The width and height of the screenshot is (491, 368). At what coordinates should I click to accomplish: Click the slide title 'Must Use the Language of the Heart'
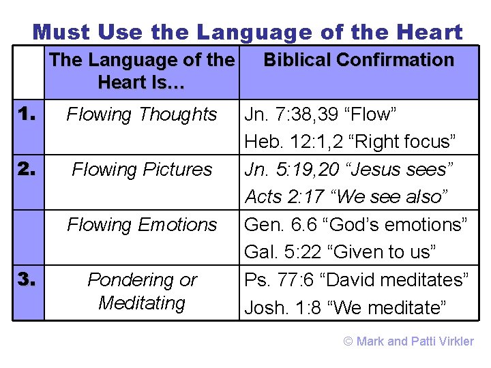tap(247, 31)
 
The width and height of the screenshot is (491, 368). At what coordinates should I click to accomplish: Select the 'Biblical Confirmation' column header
tap(359, 60)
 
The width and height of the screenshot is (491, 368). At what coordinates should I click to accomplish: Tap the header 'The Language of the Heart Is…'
tap(142, 71)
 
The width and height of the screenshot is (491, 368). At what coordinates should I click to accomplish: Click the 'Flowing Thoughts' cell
tap(142, 114)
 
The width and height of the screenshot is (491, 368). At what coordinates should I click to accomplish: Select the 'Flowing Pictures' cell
tap(142, 169)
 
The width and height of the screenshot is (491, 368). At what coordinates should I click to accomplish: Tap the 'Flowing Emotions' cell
tap(142, 224)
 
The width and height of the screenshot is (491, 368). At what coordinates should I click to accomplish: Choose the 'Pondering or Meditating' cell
tap(142, 291)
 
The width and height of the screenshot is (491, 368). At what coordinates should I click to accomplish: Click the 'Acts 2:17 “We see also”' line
tap(346, 197)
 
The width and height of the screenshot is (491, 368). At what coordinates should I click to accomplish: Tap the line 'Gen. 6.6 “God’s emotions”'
tap(355, 224)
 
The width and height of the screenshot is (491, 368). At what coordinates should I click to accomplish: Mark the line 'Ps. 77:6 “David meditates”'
tap(356, 279)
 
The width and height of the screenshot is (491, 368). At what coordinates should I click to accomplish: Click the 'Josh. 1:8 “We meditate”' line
tap(345, 307)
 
